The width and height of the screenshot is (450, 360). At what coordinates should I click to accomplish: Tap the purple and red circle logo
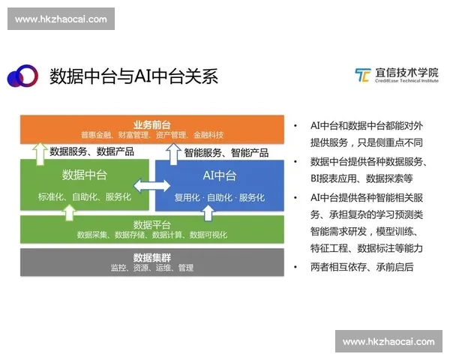point(22,75)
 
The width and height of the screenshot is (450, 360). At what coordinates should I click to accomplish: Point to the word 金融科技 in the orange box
point(208,135)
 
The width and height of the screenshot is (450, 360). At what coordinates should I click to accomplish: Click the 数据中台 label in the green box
point(85,175)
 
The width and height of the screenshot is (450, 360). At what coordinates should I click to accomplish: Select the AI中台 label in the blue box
point(220,175)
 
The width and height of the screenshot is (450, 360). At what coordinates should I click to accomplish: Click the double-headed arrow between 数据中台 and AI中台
point(151,185)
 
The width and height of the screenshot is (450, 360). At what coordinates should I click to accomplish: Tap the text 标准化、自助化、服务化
point(85,197)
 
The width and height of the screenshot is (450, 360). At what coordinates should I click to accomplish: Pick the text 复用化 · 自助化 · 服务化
point(220,198)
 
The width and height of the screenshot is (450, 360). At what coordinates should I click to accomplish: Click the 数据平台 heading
point(152,223)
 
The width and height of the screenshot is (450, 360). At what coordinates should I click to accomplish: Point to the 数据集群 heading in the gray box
point(152,256)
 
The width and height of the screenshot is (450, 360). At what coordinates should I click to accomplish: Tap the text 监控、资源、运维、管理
point(152,268)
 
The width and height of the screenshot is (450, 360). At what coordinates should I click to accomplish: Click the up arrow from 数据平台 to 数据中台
point(69,211)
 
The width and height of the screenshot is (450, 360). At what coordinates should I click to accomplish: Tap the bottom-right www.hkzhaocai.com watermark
point(388,341)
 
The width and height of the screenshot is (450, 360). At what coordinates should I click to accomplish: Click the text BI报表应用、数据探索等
point(362,178)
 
